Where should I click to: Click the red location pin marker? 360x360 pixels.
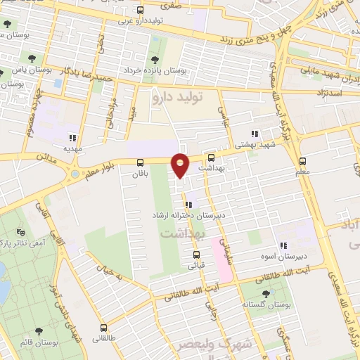pos(181,165)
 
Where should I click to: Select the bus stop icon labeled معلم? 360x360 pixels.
pos(302,160)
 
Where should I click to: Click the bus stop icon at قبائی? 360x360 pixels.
pos(196,255)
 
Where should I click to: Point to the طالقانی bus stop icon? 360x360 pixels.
pos(104,328)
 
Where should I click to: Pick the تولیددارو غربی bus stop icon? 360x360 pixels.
pos(140,11)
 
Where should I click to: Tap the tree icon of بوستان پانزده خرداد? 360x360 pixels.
pos(155,60)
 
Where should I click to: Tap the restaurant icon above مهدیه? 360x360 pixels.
pos(72,138)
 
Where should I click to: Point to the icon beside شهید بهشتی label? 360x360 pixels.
pos(255,133)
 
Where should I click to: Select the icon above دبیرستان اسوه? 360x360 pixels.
pos(283,245)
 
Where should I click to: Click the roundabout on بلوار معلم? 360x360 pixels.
pos(75,174)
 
